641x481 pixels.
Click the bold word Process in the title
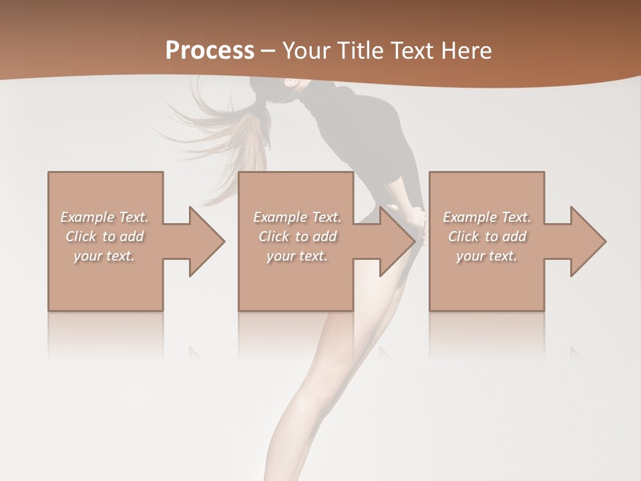tap(210, 51)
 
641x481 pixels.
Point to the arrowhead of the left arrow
tap(207, 241)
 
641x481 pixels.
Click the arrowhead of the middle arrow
tap(397, 241)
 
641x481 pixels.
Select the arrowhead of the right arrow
tap(588, 241)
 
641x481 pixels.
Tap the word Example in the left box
tap(87, 217)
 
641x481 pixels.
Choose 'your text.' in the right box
tap(487, 256)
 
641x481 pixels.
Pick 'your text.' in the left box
tap(104, 256)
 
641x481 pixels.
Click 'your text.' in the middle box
tap(297, 256)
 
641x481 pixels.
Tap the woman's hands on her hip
tap(417, 220)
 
